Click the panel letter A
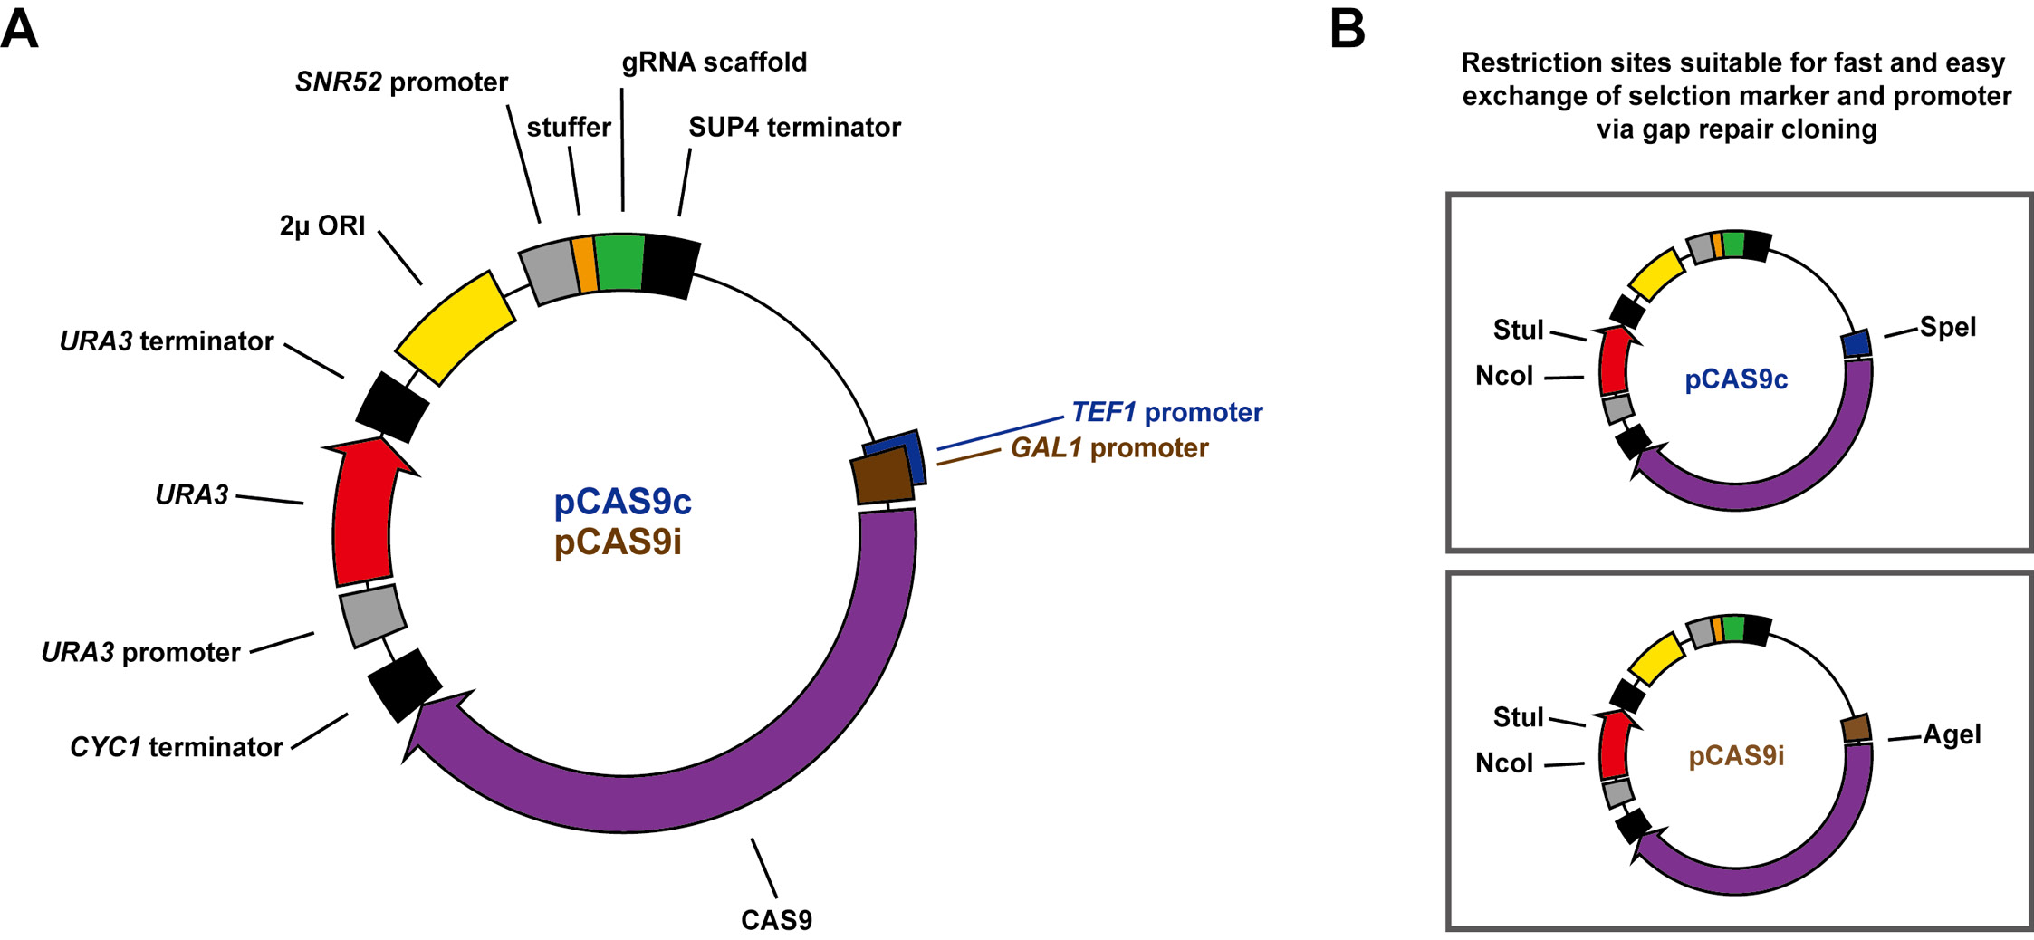(20, 29)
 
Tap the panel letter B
(1347, 29)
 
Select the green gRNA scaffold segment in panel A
(620, 263)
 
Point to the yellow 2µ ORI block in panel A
(456, 328)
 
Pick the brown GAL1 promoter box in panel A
(882, 476)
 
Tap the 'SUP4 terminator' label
(794, 128)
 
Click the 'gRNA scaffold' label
(714, 62)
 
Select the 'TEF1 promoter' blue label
(1166, 413)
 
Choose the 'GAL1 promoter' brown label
(1109, 448)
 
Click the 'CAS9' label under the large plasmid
(776, 920)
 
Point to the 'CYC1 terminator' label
(177, 747)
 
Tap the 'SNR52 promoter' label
(401, 82)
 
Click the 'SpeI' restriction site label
(1947, 327)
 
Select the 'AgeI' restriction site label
(1951, 734)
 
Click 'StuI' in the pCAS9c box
(1518, 330)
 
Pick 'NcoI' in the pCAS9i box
(1504, 763)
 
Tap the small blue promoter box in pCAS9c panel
(1857, 344)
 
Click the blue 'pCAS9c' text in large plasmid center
(622, 502)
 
